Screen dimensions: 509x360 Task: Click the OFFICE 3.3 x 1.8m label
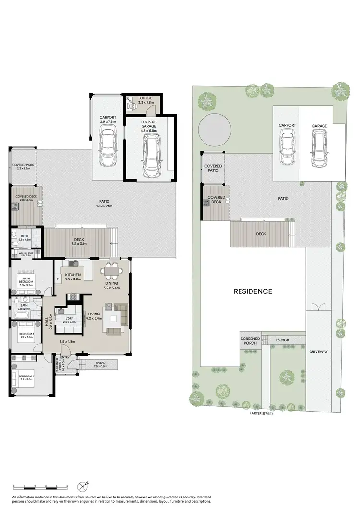click(145, 100)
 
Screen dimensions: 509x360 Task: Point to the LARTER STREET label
click(261, 413)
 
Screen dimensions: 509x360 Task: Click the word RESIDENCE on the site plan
click(253, 291)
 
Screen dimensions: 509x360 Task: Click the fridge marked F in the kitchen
click(58, 278)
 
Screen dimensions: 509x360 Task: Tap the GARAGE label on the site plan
click(319, 126)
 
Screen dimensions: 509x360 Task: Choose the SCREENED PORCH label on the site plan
click(250, 341)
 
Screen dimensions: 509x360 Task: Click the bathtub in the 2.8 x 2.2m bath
click(22, 315)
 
